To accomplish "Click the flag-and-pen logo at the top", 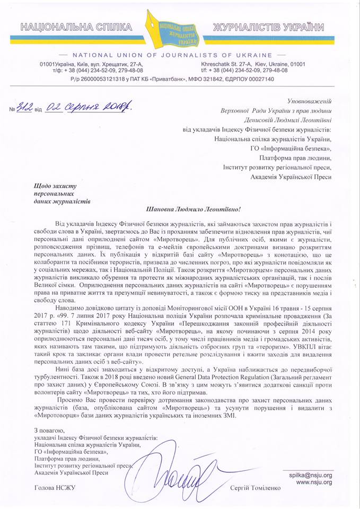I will coord(179,30).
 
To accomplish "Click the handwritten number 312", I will coord(26,108).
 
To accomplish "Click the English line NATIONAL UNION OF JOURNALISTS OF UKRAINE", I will coord(179,55).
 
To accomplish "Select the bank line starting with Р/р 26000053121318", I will coord(179,79).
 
